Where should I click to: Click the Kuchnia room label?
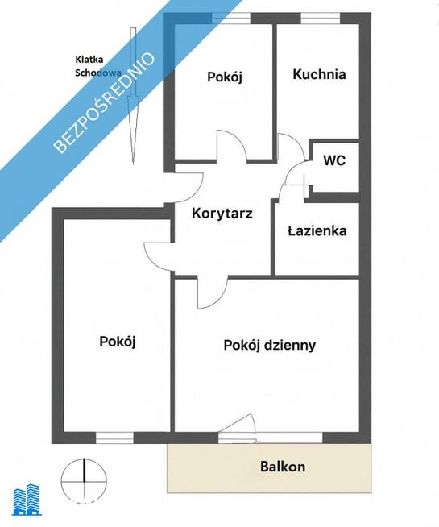click(x=319, y=75)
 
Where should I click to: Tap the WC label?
click(x=333, y=160)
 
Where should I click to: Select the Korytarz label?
click(x=222, y=214)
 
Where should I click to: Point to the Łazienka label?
click(x=317, y=230)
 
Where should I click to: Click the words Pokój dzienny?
click(x=269, y=345)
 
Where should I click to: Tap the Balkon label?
click(x=282, y=467)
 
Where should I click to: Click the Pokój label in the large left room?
click(x=117, y=341)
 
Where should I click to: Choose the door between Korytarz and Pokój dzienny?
click(x=213, y=292)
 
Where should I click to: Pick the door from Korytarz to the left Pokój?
click(x=159, y=254)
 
